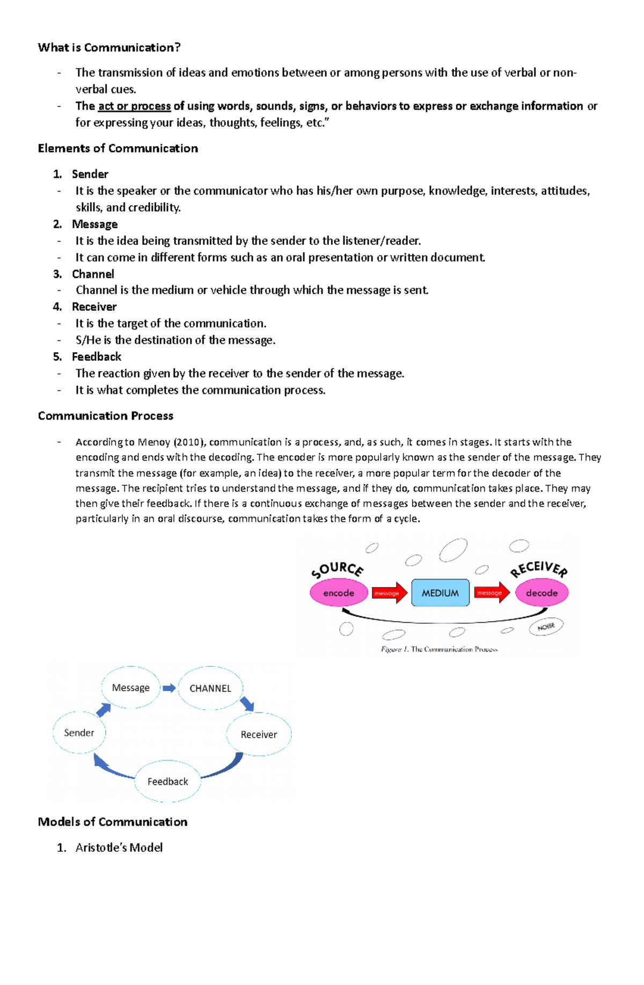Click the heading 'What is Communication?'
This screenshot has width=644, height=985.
click(x=109, y=48)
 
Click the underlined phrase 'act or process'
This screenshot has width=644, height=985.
click(x=134, y=106)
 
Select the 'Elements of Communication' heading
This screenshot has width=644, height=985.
click(x=118, y=149)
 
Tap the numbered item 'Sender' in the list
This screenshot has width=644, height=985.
click(x=90, y=174)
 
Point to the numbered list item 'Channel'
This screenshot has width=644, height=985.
click(x=93, y=274)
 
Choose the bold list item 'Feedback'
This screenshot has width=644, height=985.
click(x=97, y=357)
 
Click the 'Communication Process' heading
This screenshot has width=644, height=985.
click(x=105, y=416)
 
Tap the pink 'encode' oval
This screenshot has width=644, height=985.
click(x=339, y=593)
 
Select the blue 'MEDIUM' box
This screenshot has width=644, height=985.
click(x=440, y=593)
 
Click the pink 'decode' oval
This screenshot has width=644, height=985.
click(x=541, y=593)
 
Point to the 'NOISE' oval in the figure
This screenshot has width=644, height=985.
click(x=546, y=627)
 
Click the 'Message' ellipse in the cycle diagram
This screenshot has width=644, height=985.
click(x=131, y=688)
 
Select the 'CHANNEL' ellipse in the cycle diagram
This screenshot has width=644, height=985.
click(x=210, y=689)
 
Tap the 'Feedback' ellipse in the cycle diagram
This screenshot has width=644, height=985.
click(x=167, y=782)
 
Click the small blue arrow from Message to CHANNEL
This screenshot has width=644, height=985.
click(x=169, y=688)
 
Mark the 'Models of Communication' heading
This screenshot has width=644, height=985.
click(x=112, y=822)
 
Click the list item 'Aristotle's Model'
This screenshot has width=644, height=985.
click(x=119, y=848)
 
